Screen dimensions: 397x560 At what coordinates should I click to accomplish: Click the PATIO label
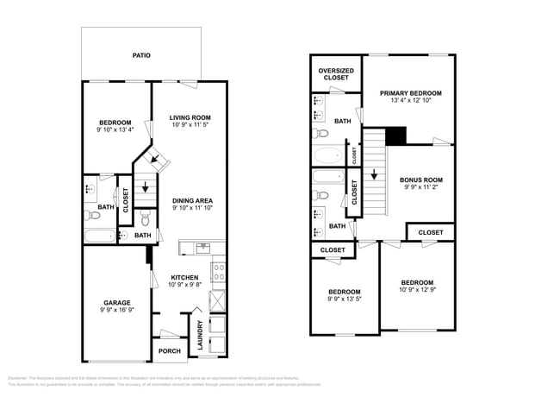point(141,55)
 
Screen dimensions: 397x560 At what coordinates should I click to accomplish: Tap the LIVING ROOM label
point(190,117)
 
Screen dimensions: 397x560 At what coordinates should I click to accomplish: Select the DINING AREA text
point(192,201)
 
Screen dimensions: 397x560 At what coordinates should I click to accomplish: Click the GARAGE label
point(117,302)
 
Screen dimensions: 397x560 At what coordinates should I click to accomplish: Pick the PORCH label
point(169,351)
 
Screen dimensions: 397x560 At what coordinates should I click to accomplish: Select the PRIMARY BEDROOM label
point(411,93)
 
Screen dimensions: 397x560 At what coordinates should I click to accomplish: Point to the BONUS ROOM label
point(421,180)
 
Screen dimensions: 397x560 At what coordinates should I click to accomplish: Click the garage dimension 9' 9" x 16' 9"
point(117,310)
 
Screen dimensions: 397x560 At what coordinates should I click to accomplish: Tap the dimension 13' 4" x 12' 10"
point(411,101)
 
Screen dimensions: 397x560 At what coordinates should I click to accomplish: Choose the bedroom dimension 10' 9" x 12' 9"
point(417,290)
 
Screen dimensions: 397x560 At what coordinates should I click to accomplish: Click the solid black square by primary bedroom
point(395,136)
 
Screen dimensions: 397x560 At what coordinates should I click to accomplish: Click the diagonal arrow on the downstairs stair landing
point(153,158)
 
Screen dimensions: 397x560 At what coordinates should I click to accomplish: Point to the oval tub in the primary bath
point(327,157)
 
